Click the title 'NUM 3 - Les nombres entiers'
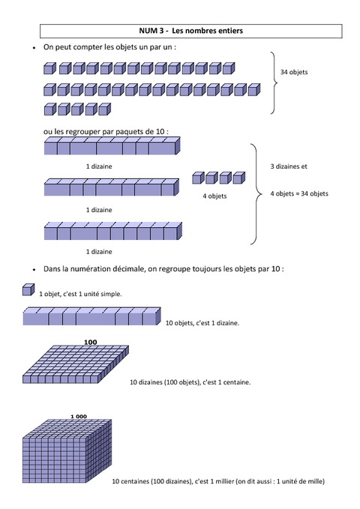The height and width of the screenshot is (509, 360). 190,31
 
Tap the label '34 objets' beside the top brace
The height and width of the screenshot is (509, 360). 294,72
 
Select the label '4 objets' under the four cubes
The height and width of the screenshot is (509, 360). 214,196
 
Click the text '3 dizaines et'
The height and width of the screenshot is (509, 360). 289,166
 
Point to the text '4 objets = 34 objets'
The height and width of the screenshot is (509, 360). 299,193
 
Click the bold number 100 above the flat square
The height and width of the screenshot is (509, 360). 90,342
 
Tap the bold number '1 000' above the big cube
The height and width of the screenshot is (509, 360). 79,417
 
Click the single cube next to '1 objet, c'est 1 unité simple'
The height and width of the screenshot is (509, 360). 28,289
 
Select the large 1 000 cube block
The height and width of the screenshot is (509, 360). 67,451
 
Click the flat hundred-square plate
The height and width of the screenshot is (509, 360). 76,364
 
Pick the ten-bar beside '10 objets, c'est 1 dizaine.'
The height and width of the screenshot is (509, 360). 92,316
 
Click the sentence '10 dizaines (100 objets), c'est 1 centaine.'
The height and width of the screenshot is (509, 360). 190,382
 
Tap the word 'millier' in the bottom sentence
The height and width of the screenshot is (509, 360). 224,481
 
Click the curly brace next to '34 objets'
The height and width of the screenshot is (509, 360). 274,82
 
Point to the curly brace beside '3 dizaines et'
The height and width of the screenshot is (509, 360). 256,194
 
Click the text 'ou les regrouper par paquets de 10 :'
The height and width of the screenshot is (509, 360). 106,132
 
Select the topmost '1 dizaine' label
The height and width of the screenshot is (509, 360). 99,166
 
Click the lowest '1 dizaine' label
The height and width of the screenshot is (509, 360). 99,252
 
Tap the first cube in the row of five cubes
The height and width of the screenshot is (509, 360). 49,109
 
